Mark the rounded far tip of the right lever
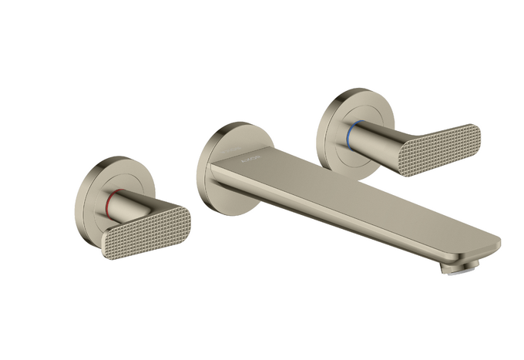pos(472,135)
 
